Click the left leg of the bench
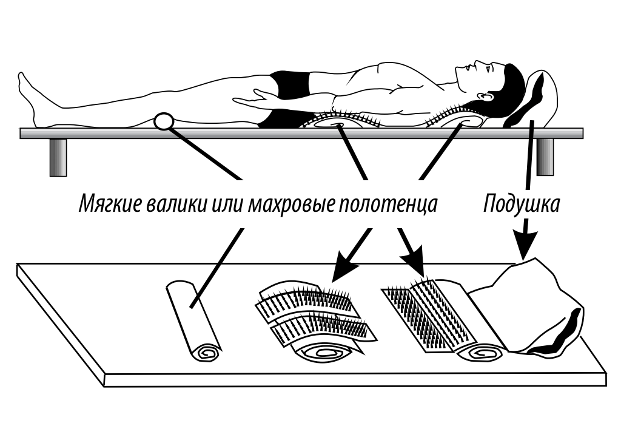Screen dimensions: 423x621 (x=58, y=157)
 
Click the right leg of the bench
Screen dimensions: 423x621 (x=545, y=157)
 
